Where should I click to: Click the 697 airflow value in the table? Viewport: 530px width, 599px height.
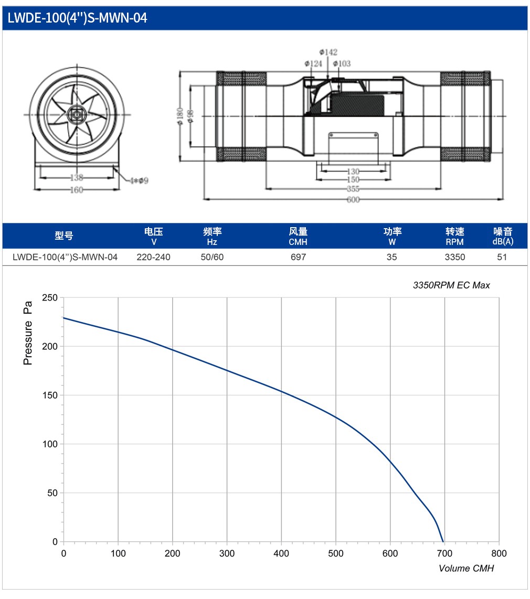tap(298, 257)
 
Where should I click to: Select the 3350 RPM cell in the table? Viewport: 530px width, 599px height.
tap(455, 257)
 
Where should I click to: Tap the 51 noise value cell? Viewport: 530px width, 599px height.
tap(502, 257)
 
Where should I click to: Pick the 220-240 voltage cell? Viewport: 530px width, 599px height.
tap(153, 257)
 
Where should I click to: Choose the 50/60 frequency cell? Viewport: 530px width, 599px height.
tap(212, 257)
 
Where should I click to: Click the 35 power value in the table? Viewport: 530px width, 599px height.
tap(391, 257)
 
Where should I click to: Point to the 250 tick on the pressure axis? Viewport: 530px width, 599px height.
tap(50, 297)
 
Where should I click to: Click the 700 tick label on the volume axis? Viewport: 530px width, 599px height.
tap(444, 553)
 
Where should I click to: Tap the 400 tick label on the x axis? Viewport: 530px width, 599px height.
tap(281, 553)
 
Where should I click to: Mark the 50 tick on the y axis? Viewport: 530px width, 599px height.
tap(52, 493)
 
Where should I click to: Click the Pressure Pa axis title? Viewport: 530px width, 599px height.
tap(28, 333)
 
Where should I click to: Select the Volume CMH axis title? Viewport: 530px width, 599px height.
tap(466, 569)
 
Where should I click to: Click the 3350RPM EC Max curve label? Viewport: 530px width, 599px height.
tap(451, 285)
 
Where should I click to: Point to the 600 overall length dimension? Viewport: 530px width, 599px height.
tap(353, 199)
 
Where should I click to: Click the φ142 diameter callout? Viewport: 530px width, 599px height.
tap(328, 52)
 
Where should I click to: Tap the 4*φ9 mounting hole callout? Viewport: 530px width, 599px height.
tap(139, 180)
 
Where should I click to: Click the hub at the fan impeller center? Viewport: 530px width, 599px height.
tap(77, 114)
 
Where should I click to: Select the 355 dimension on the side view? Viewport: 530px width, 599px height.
tap(353, 189)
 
